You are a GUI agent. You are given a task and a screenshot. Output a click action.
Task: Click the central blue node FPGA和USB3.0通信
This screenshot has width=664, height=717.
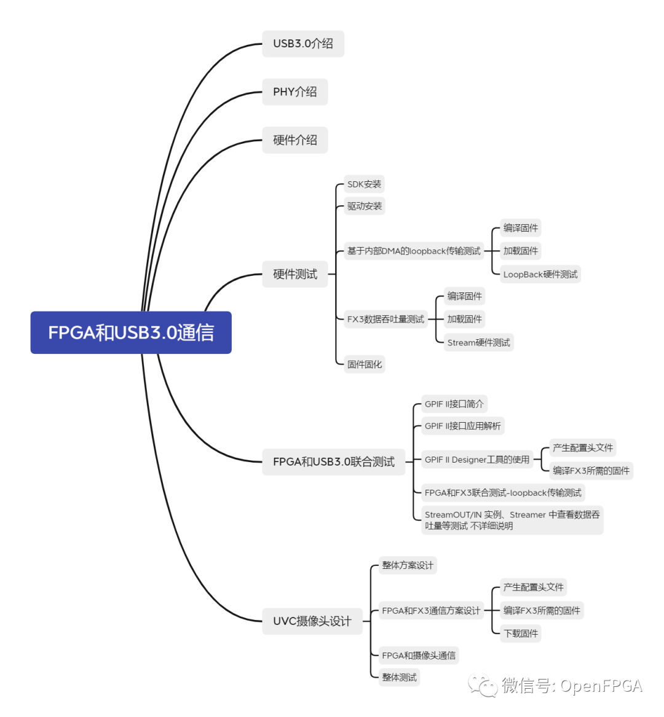pyautogui.click(x=131, y=332)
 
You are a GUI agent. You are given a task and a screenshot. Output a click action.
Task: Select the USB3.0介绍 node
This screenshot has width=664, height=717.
pyautogui.click(x=303, y=44)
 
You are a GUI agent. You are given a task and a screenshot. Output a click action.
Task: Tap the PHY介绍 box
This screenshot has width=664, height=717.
pyautogui.click(x=295, y=92)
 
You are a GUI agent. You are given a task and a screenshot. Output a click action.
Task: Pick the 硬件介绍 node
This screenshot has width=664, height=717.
pyautogui.click(x=295, y=140)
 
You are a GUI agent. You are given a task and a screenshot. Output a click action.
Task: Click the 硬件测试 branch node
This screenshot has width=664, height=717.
pyautogui.click(x=295, y=274)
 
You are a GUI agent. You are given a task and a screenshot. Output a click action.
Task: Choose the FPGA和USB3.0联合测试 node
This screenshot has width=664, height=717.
pyautogui.click(x=334, y=461)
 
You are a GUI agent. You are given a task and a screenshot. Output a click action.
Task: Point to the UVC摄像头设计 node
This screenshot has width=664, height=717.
pyautogui.click(x=312, y=621)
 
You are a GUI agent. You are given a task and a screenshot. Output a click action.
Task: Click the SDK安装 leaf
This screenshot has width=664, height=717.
pyautogui.click(x=364, y=184)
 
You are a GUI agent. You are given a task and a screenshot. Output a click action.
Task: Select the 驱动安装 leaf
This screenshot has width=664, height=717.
pyautogui.click(x=364, y=206)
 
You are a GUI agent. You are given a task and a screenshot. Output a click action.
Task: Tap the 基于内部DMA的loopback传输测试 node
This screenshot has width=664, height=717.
pyautogui.click(x=414, y=251)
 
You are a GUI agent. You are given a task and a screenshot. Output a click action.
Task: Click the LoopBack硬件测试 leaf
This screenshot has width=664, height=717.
pyautogui.click(x=540, y=274)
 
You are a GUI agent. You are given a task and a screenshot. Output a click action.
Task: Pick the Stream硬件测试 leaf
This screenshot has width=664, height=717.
pyautogui.click(x=478, y=342)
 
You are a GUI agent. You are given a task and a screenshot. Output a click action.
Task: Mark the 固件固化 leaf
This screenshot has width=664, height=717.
pyautogui.click(x=365, y=364)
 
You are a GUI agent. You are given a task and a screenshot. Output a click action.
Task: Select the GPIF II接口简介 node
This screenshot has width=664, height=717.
pyautogui.click(x=454, y=404)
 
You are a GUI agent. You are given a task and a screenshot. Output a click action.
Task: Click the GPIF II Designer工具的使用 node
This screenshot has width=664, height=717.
pyautogui.click(x=476, y=460)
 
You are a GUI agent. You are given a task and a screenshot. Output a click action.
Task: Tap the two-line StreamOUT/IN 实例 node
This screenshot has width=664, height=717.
pyautogui.click(x=512, y=520)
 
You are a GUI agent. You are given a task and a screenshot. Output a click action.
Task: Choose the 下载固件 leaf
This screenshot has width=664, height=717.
pyautogui.click(x=521, y=633)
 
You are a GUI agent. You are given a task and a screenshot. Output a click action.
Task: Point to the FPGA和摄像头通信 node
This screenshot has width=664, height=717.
pyautogui.click(x=419, y=656)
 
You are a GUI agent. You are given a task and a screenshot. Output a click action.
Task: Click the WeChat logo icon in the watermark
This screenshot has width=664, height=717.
pyautogui.click(x=483, y=686)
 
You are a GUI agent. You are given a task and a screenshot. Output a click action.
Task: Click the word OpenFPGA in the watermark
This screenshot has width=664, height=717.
pyautogui.click(x=601, y=686)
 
